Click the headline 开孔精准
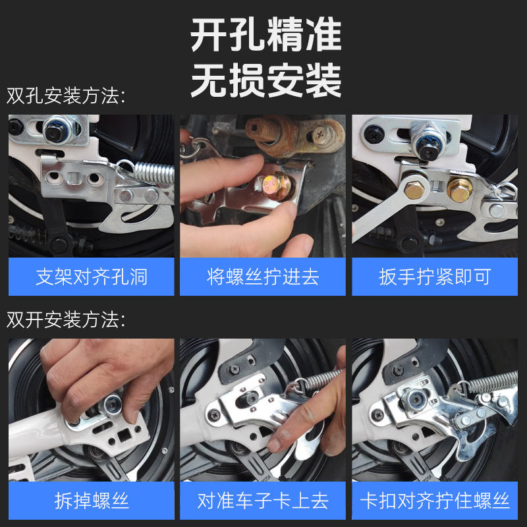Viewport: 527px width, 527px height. point(266,37)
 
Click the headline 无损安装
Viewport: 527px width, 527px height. point(266,80)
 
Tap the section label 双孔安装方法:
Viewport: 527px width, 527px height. point(66,96)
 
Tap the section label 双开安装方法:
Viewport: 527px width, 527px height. point(66,320)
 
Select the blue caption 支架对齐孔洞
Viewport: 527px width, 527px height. point(92,277)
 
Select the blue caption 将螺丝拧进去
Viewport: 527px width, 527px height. point(263,277)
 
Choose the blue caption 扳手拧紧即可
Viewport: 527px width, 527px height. point(435,277)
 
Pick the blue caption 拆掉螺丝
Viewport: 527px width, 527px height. point(92,501)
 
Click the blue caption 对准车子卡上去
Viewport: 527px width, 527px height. point(263,501)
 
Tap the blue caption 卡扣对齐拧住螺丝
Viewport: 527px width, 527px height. point(435,501)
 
